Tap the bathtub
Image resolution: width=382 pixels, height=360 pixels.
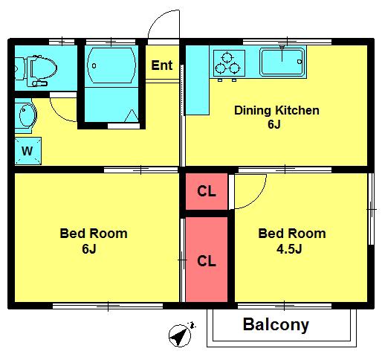[111, 65]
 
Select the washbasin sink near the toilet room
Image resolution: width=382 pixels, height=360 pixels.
[26, 116]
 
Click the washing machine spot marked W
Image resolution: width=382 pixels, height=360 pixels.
[27, 151]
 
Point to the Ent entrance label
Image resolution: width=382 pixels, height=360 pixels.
[162, 65]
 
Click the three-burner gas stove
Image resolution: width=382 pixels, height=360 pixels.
[229, 63]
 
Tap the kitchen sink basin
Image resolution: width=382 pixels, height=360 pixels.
[282, 62]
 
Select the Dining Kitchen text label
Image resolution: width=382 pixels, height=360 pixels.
[276, 111]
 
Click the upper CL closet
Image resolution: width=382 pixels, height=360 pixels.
[207, 191]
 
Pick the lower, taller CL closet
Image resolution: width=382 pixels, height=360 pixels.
[207, 260]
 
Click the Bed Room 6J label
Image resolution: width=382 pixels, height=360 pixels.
[94, 241]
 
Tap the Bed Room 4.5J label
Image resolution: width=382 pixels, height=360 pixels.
[292, 241]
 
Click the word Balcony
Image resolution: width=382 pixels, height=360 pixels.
[276, 324]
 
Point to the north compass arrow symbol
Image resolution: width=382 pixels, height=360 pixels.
[180, 335]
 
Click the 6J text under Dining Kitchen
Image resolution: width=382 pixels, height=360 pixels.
[274, 124]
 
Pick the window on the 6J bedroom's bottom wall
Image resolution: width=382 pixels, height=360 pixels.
[108, 306]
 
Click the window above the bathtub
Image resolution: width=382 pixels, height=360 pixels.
[111, 42]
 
